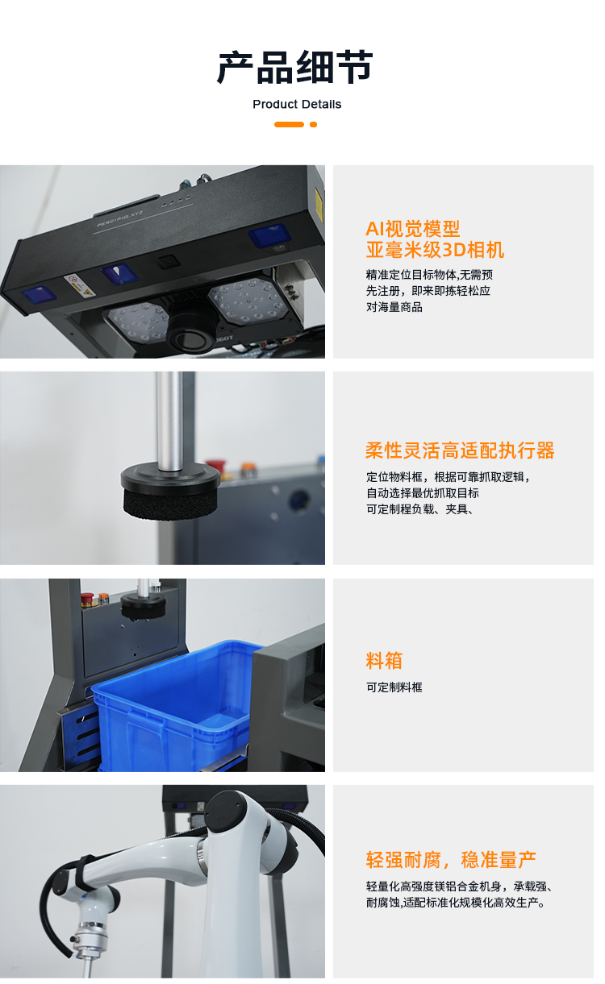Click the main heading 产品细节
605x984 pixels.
pyautogui.click(x=295, y=67)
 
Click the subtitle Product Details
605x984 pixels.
pyautogui.click(x=297, y=104)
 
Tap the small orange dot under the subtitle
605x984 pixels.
pyautogui.click(x=313, y=124)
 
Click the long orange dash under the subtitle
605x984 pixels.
pyautogui.click(x=289, y=124)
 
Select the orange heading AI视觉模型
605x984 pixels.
pyautogui.click(x=412, y=228)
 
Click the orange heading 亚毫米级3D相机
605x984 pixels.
pyautogui.click(x=435, y=250)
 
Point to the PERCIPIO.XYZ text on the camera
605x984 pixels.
pyautogui.click(x=119, y=218)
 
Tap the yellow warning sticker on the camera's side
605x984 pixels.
pyautogui.click(x=319, y=205)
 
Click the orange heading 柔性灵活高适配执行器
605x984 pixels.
pyautogui.click(x=460, y=450)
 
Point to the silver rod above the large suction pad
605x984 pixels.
pyautogui.click(x=169, y=421)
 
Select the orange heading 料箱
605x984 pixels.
pyautogui.click(x=384, y=661)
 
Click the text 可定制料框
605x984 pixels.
pyautogui.click(x=394, y=687)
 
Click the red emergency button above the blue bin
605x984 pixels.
pyautogui.click(x=87, y=600)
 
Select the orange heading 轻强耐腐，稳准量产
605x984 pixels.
pyautogui.click(x=451, y=860)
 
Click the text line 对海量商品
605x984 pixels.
pyautogui.click(x=394, y=307)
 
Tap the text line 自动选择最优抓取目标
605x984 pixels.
pyautogui.click(x=423, y=493)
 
